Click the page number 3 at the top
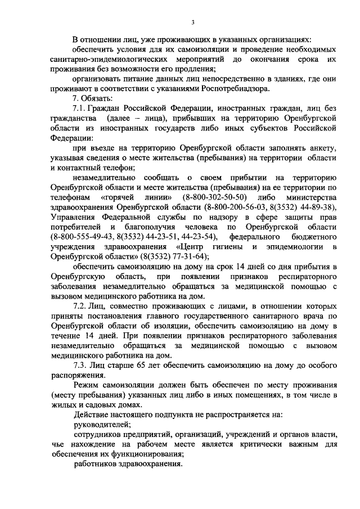[192, 22]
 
